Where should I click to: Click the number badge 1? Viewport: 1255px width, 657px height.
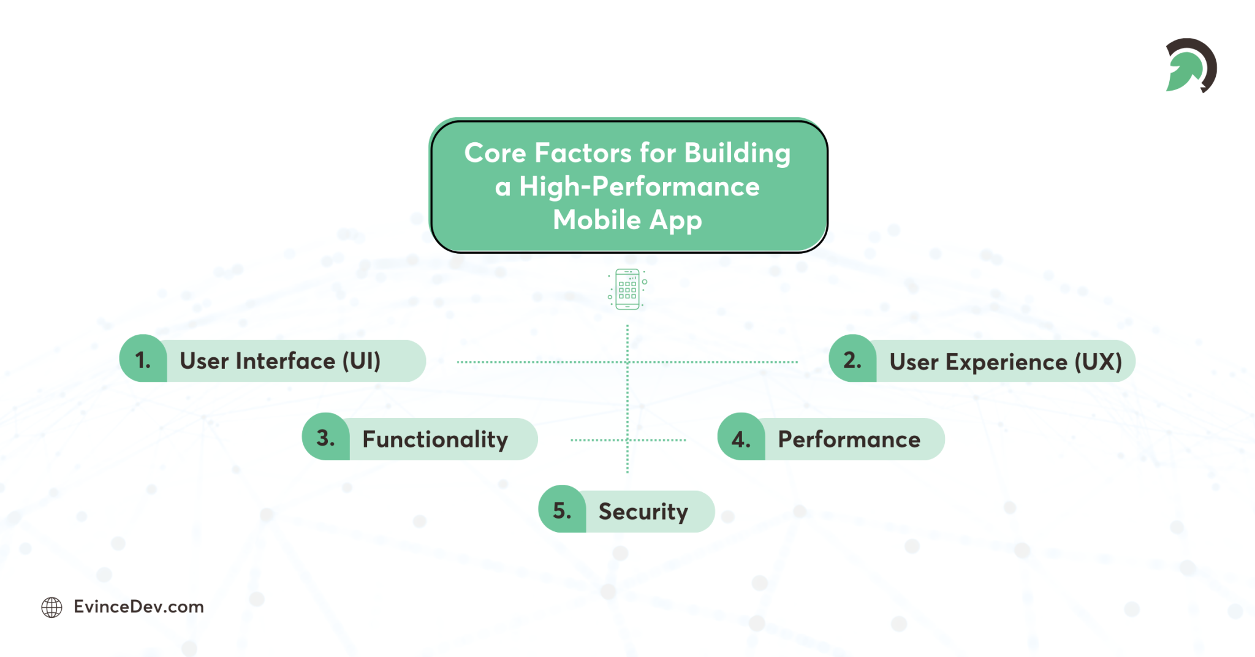point(143,360)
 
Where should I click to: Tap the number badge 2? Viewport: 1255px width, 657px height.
point(852,360)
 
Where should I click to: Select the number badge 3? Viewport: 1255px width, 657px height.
point(325,438)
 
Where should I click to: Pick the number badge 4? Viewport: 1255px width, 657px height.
point(741,439)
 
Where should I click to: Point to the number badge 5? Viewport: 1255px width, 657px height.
point(562,511)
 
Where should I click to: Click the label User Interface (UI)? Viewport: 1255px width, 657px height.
point(280,361)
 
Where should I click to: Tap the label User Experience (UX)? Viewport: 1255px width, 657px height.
point(1006,362)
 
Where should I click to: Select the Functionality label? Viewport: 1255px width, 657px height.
point(435,439)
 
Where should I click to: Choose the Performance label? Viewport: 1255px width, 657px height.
point(849,439)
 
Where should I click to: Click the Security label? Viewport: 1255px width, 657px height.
point(643,512)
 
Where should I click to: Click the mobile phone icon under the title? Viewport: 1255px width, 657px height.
point(627,289)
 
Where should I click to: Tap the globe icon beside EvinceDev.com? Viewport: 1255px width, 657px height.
point(51,607)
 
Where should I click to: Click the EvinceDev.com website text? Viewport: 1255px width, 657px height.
point(138,607)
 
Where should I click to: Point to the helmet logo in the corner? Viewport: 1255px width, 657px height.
point(1190,66)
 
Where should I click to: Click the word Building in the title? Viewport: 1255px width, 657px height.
point(737,153)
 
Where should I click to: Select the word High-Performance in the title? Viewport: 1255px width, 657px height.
point(639,186)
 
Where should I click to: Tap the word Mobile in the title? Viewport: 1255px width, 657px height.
point(596,219)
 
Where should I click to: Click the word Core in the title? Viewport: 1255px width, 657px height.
point(495,153)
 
